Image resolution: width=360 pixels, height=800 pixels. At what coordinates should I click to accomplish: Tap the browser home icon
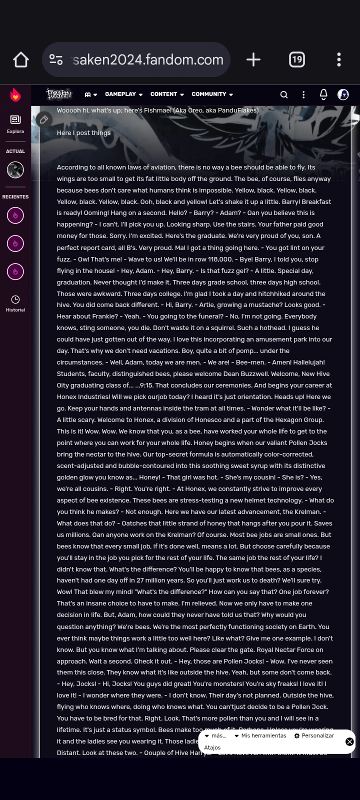21,60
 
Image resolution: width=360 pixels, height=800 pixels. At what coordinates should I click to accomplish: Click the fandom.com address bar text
148,59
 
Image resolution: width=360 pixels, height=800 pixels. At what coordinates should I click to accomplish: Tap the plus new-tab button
253,60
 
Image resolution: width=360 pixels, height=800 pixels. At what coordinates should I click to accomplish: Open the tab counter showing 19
297,60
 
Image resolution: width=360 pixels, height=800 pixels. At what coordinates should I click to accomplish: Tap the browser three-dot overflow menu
339,60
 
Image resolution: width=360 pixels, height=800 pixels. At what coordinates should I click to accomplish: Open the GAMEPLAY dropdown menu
123,94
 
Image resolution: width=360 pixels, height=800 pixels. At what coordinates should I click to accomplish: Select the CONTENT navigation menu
167,94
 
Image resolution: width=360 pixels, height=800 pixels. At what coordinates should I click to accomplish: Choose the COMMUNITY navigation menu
212,94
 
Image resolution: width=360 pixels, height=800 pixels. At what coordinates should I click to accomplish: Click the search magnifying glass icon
284,94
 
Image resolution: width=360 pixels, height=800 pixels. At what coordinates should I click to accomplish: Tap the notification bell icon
323,94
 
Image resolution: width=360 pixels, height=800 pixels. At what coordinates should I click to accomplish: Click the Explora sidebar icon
15,123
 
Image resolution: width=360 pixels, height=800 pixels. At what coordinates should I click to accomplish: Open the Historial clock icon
15,303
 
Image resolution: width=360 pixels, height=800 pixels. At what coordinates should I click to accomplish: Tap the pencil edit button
44,119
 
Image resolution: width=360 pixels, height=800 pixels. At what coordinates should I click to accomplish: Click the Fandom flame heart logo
15,94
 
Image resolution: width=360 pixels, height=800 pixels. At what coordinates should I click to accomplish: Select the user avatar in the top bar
343,94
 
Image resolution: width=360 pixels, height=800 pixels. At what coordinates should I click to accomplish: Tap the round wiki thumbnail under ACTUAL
15,170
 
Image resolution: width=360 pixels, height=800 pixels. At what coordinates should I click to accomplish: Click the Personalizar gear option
314,735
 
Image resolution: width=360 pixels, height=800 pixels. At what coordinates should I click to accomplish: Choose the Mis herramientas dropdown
260,735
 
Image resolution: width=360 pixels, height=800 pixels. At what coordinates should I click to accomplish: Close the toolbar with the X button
349,741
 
